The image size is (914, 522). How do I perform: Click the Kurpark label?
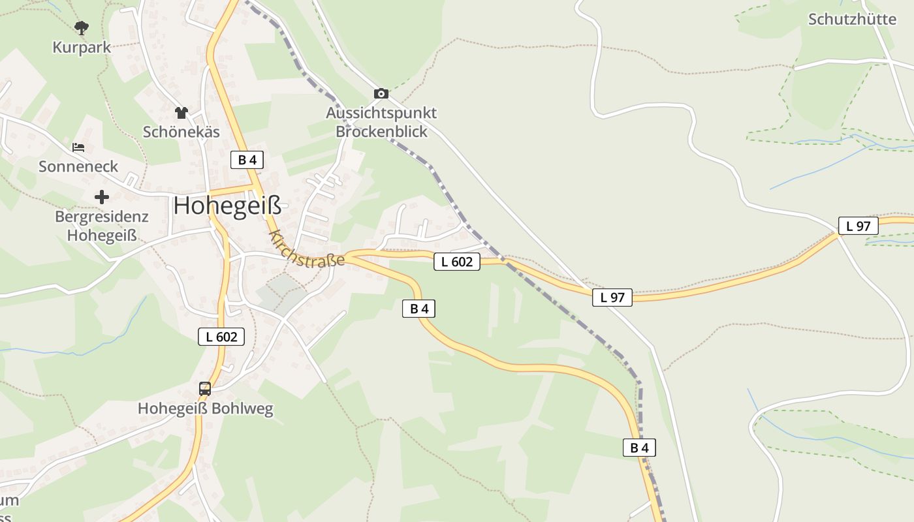coord(82,47)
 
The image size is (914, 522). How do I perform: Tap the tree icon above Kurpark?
coord(82,28)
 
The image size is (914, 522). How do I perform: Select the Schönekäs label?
coord(181,131)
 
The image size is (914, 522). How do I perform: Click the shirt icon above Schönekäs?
coord(181,113)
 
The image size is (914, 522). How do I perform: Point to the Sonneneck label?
coord(78,166)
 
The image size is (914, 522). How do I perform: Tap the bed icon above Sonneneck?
coord(78,147)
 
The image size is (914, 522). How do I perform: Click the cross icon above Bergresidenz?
coord(101,196)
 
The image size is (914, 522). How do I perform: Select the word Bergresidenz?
coord(101,217)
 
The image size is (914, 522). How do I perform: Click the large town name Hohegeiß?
coord(227,206)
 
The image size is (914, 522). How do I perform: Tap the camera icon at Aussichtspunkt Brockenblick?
coord(381,94)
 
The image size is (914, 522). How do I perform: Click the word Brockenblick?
coord(381,131)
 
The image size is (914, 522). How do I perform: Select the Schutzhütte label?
coord(852,19)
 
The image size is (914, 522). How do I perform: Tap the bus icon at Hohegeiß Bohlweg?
coord(205,389)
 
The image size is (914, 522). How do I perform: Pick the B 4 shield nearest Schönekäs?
coord(247,160)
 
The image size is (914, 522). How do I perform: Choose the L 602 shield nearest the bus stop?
coord(221,337)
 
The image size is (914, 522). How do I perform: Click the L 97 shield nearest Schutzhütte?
coord(858,226)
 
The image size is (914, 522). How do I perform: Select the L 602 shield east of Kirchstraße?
coord(457,262)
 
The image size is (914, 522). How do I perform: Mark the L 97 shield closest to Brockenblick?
coord(612,298)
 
